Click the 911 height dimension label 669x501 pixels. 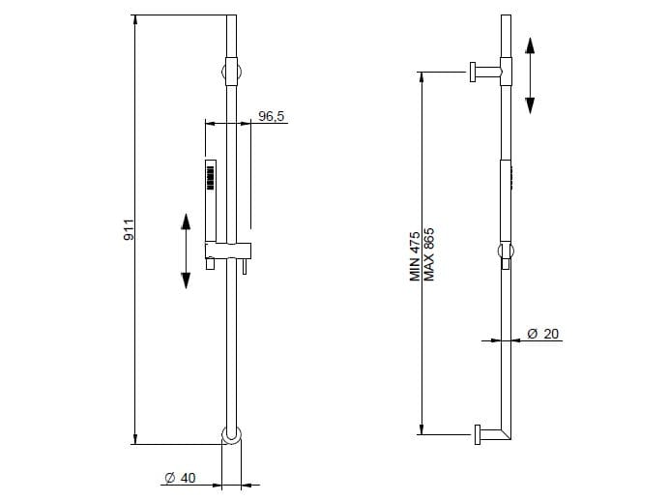(x=129, y=229)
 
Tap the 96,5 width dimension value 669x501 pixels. (x=272, y=116)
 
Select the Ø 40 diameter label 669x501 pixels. (x=180, y=478)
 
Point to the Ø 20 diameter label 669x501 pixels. (x=542, y=334)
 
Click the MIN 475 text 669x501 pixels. (x=415, y=256)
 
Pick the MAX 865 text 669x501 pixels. (x=428, y=254)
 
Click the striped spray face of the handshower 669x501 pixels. (x=210, y=178)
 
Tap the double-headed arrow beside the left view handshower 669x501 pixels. (x=186, y=250)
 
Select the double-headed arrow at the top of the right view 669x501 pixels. (x=530, y=75)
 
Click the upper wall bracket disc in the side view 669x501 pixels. (x=473, y=73)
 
